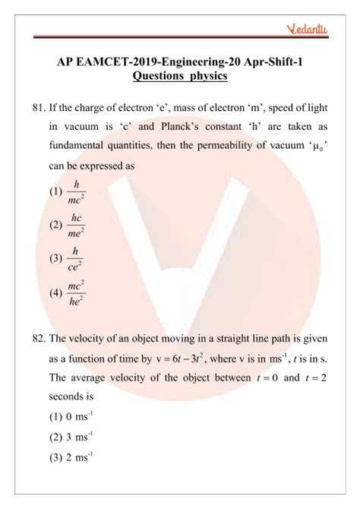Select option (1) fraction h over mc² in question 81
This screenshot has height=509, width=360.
click(x=74, y=191)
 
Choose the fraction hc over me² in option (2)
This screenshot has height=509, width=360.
click(x=75, y=224)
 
